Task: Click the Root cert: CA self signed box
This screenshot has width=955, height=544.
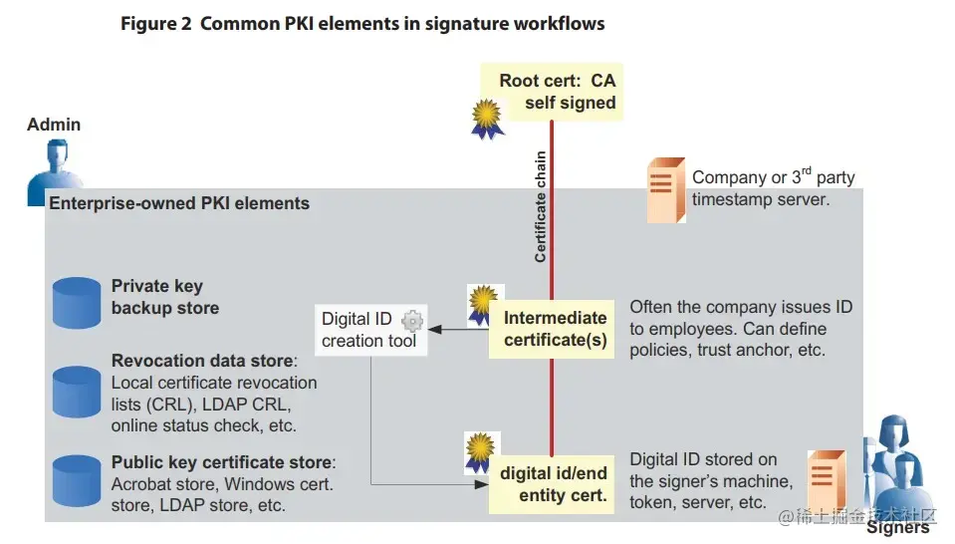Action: (557, 91)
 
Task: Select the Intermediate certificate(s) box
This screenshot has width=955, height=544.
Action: (555, 330)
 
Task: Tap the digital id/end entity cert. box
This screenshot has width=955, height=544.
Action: (554, 483)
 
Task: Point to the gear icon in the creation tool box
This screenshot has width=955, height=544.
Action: (412, 321)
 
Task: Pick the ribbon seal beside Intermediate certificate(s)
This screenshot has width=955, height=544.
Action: (483, 307)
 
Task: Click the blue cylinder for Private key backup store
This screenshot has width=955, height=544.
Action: (77, 303)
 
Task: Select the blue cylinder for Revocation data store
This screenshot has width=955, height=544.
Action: (77, 391)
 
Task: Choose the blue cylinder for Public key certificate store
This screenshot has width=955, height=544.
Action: (77, 479)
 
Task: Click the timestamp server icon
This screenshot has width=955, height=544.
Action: (664, 189)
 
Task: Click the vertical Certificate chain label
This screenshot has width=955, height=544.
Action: (541, 206)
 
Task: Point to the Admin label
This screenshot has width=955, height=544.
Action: (54, 125)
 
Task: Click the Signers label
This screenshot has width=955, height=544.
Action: (897, 528)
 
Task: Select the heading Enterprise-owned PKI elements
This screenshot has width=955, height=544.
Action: (179, 203)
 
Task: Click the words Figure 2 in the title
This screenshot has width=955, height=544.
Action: (154, 23)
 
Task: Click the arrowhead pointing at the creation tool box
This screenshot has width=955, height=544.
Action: (437, 330)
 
